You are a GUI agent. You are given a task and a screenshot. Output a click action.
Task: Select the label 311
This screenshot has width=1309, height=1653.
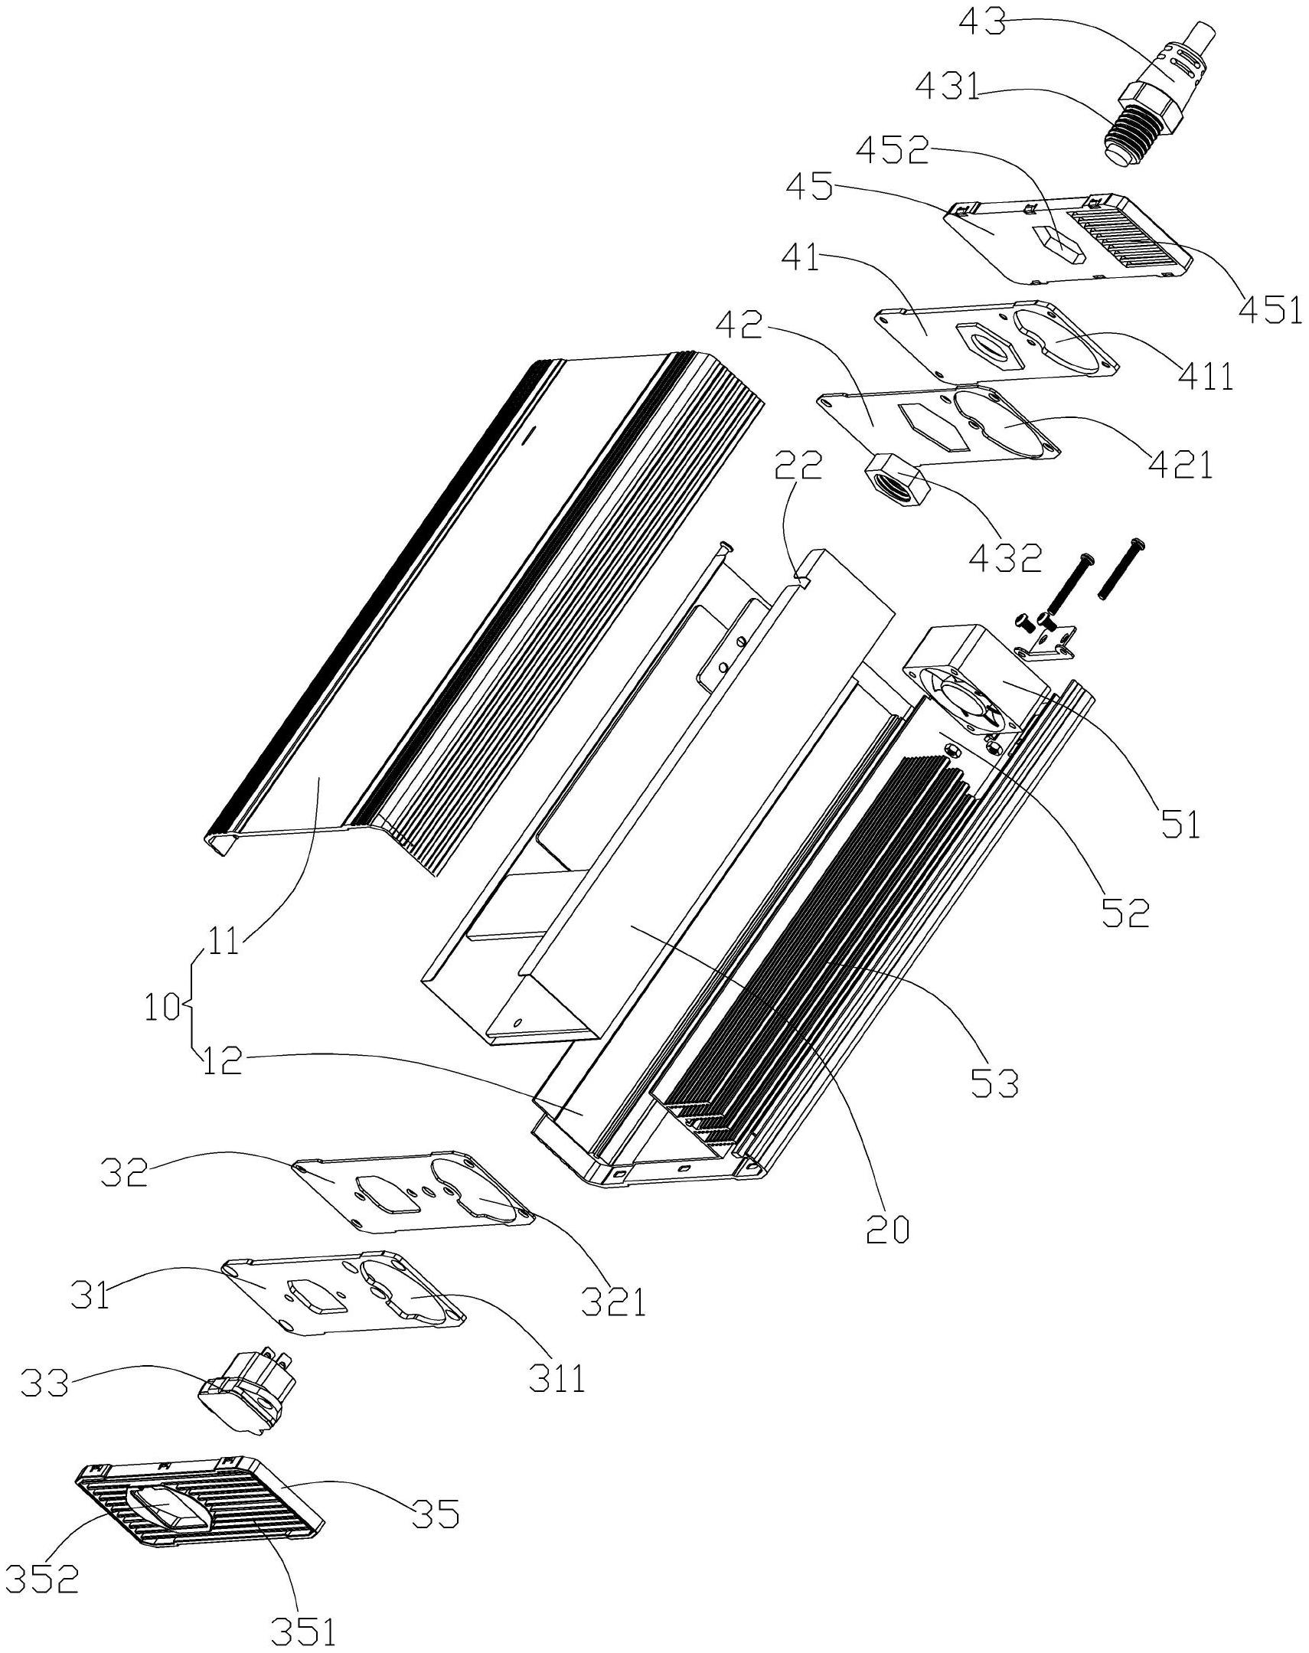coord(557,1377)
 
